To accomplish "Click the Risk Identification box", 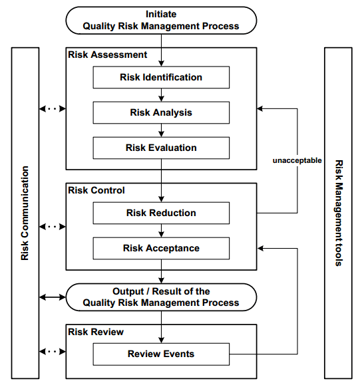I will [x=161, y=78].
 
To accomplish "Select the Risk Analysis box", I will [x=161, y=112].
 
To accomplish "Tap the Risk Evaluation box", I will [x=161, y=148].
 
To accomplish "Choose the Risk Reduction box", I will [x=161, y=213].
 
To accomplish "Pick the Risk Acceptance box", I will [x=161, y=249].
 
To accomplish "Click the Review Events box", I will [x=161, y=354].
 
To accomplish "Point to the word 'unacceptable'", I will [x=297, y=161].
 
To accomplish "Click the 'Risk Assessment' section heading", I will [x=108, y=55].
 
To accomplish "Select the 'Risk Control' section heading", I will [x=96, y=190].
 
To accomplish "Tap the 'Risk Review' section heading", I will [x=96, y=331].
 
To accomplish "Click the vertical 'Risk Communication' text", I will [x=25, y=213].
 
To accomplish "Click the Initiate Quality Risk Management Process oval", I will [x=161, y=20].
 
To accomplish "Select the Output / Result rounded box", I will [x=161, y=297].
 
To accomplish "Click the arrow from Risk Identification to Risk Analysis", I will [x=161, y=95].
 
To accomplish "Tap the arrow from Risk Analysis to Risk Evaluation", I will [x=161, y=130].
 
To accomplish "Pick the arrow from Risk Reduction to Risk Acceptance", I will [x=161, y=231].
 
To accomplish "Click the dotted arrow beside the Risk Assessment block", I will [x=53, y=108].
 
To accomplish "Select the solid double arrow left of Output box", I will [x=53, y=297].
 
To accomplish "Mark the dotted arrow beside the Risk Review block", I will [x=53, y=351].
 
